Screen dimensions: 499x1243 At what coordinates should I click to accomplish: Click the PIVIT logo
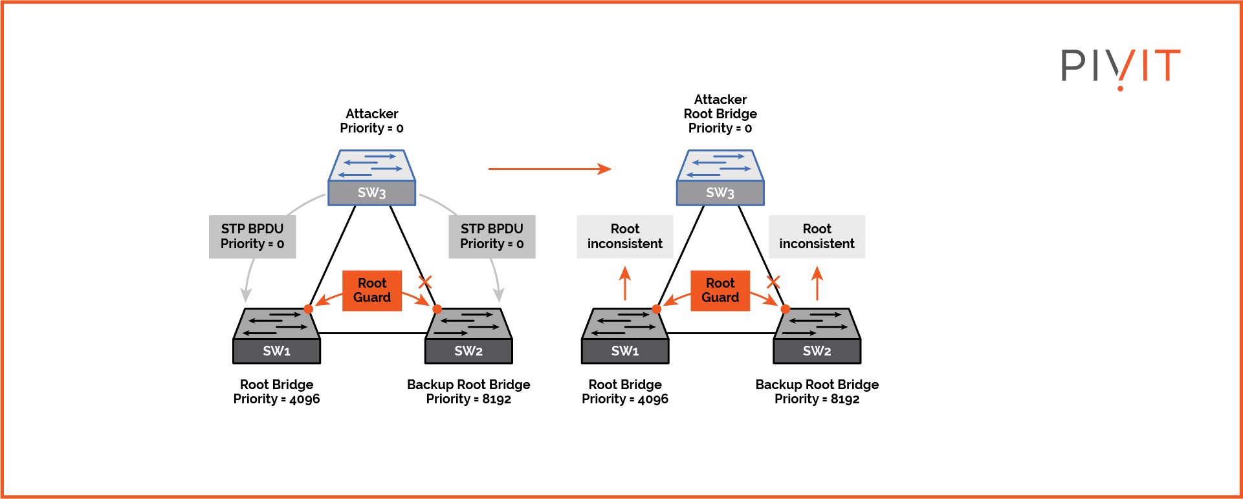(x=1120, y=66)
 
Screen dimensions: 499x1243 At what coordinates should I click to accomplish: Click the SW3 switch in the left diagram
(x=371, y=178)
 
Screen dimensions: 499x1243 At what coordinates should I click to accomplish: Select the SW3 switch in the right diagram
(x=720, y=178)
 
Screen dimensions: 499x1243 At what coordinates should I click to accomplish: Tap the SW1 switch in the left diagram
(x=276, y=336)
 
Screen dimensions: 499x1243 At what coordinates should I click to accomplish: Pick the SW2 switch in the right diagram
(x=817, y=336)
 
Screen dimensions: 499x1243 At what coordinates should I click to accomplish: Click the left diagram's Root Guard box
(x=372, y=290)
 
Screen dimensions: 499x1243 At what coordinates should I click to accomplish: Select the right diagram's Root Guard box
(x=720, y=290)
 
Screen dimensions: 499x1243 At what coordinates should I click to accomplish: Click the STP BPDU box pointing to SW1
(x=252, y=237)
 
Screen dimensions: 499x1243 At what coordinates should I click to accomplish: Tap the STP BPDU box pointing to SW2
(x=492, y=237)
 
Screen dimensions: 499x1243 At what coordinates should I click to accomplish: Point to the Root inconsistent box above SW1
(x=624, y=237)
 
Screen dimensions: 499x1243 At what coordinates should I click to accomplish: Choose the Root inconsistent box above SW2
(x=817, y=237)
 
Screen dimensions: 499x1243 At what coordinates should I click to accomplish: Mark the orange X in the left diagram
(x=425, y=282)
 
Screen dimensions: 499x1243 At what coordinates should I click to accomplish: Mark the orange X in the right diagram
(x=773, y=282)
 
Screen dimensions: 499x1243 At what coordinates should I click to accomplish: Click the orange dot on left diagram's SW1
(x=309, y=309)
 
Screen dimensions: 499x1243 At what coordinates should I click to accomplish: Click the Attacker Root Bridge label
(x=720, y=114)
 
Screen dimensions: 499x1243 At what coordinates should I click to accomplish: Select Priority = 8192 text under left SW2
(x=468, y=399)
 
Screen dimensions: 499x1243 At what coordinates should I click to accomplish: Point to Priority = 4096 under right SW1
(x=624, y=399)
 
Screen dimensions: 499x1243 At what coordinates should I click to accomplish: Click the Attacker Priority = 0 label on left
(x=371, y=121)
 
